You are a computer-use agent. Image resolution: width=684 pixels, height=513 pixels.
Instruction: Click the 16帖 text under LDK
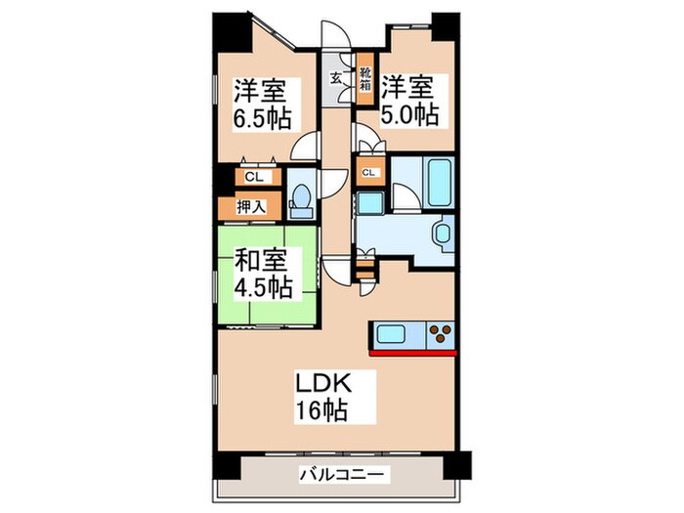click(323, 409)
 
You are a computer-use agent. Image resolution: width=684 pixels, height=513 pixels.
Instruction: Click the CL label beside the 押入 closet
click(252, 178)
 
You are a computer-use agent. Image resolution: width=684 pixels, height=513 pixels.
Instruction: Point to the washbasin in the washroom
click(444, 235)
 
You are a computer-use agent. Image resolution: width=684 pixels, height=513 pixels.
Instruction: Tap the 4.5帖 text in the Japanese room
click(261, 287)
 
